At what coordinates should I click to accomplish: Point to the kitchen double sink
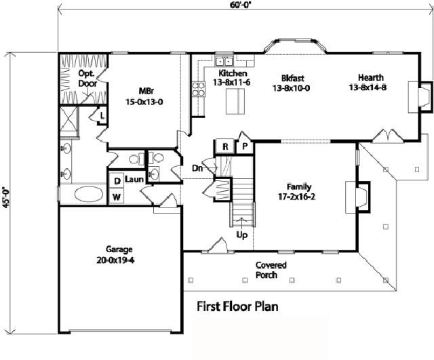coord(224,60)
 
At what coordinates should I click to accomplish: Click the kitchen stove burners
coord(199,89)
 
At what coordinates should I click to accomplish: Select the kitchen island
coord(235,102)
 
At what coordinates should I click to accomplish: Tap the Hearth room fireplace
coord(420,97)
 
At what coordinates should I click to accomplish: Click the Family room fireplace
coord(357,197)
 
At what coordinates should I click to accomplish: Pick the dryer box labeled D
coord(117,181)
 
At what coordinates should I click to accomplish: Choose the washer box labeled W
coord(117,197)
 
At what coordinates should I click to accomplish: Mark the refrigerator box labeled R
coord(225,146)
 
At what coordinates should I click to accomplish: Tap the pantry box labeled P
coord(245,146)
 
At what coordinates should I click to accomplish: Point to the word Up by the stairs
coord(241,235)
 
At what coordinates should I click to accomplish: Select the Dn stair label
coord(197,168)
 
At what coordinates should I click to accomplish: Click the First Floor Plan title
coord(237,306)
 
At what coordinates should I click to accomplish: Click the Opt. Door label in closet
coord(87,79)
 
